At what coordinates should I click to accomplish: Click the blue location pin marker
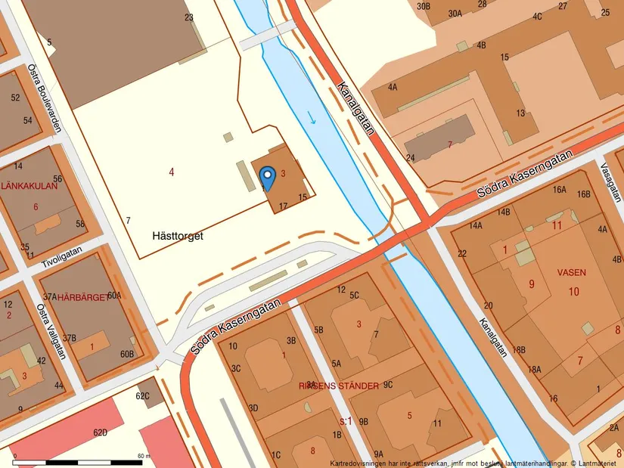(x=267, y=178)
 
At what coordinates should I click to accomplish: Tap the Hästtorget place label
(x=177, y=236)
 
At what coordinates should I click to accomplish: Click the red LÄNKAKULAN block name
(x=29, y=185)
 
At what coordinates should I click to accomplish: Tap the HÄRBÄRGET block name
(x=82, y=296)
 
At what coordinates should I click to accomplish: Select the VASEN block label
(x=571, y=271)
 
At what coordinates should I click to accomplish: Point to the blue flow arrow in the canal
(x=312, y=117)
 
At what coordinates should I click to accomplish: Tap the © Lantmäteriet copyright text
(x=595, y=463)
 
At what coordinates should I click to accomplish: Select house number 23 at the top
(x=188, y=17)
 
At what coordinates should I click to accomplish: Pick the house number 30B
(x=424, y=6)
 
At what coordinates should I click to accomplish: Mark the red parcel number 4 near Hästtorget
(x=172, y=172)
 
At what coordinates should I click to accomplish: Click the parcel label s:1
(x=345, y=420)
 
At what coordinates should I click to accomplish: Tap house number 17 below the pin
(x=284, y=206)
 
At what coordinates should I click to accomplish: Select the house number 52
(x=16, y=98)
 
